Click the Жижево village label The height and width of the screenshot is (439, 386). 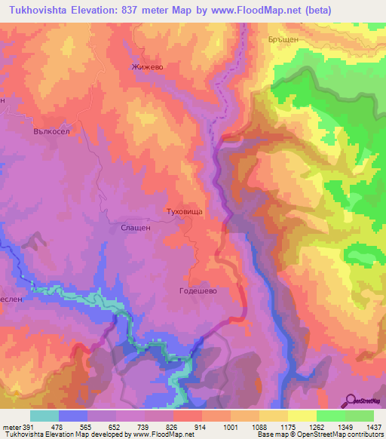click(147, 66)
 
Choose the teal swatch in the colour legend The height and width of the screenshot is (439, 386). click(44, 416)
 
